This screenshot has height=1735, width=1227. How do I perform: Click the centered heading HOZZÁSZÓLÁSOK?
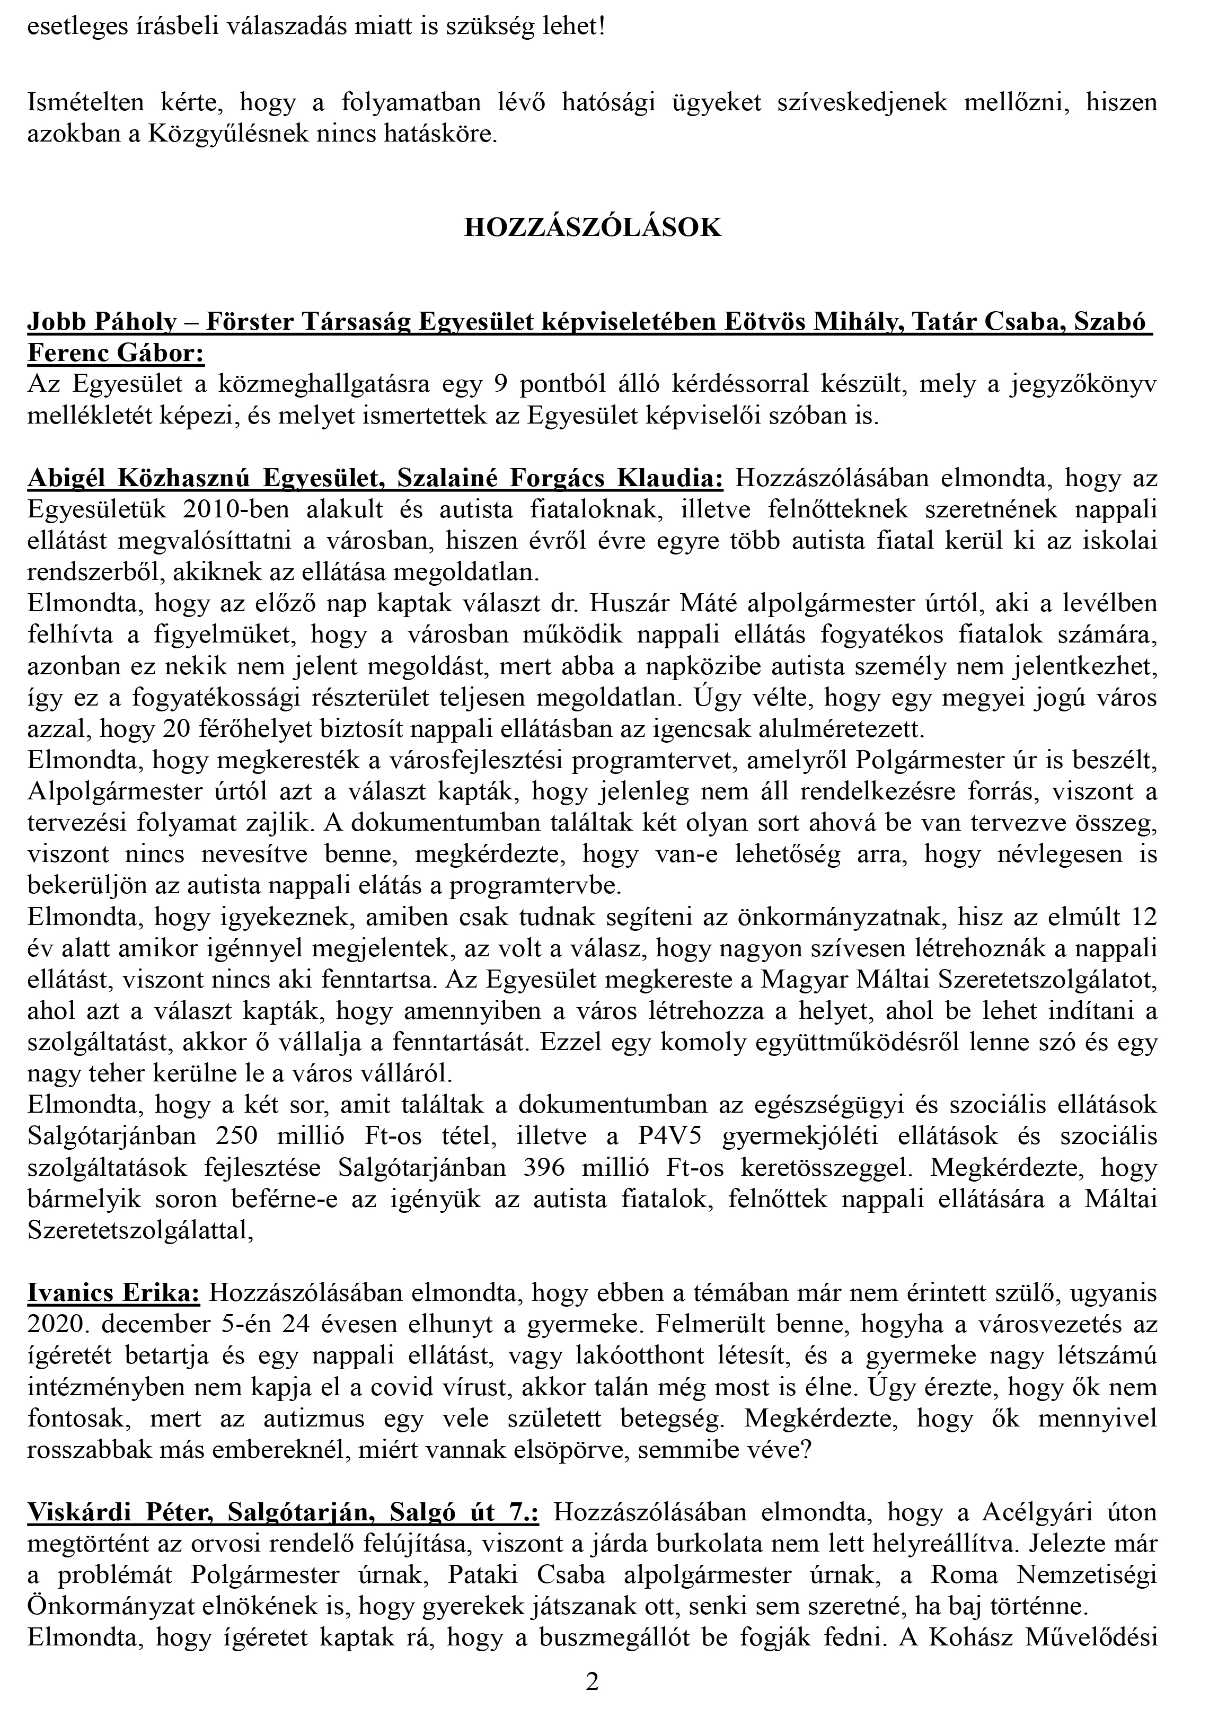[x=593, y=227]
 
